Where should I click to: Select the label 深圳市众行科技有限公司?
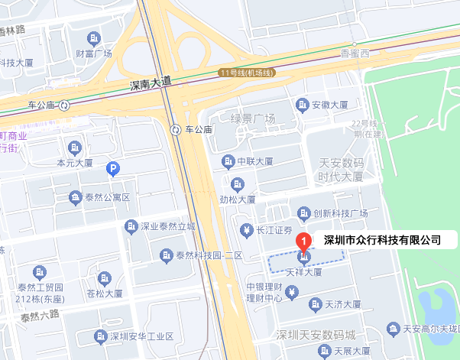(x=382, y=240)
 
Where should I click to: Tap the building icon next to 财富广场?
(x=93, y=38)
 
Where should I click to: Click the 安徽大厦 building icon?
(x=303, y=104)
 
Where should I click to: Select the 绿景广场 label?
(x=253, y=118)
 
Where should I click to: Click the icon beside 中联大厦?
(x=227, y=161)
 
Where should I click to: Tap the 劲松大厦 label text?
(x=238, y=199)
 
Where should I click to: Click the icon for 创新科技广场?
(x=303, y=212)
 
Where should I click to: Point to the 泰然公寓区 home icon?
(x=75, y=197)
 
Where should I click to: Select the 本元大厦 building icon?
(x=75, y=147)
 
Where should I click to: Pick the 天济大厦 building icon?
(x=313, y=303)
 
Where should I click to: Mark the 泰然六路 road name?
(x=40, y=315)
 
